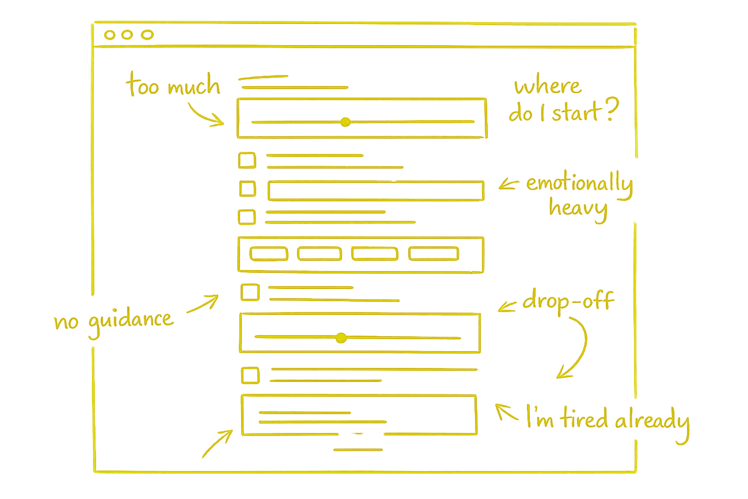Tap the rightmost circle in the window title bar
pyautogui.click(x=147, y=35)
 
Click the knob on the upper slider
pyautogui.click(x=345, y=121)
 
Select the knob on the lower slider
pyautogui.click(x=341, y=337)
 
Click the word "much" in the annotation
pyautogui.click(x=193, y=87)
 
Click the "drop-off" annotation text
pyautogui.click(x=568, y=301)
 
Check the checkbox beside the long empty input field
pyautogui.click(x=247, y=189)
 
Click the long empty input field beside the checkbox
pyautogui.click(x=375, y=191)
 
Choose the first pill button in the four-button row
pyautogui.click(x=268, y=253)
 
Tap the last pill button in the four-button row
pyautogui.click(x=433, y=253)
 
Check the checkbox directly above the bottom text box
pyautogui.click(x=250, y=376)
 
